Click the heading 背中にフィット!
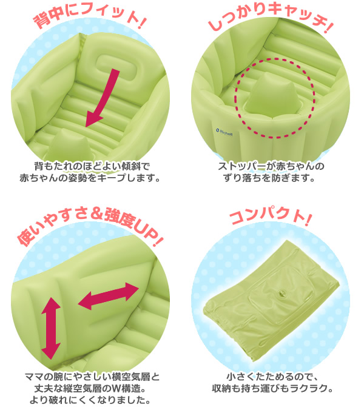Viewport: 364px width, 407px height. (90, 16)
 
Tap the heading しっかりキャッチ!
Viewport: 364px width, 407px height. (271, 16)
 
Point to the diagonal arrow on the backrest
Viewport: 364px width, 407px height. (103, 98)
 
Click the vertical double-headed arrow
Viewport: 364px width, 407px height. (51, 328)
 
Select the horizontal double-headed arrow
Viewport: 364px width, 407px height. (109, 296)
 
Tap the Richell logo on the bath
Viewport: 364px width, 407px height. (224, 132)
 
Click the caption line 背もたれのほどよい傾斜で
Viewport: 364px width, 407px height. (92, 166)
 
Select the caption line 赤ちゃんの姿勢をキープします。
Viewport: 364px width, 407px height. (90, 178)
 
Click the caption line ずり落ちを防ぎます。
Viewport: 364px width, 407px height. (269, 178)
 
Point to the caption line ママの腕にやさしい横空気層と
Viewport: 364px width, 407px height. (92, 377)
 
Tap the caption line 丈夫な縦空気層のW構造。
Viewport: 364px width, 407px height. (90, 389)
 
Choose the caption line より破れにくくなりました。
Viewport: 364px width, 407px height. (90, 400)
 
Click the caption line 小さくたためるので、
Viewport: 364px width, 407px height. (272, 377)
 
